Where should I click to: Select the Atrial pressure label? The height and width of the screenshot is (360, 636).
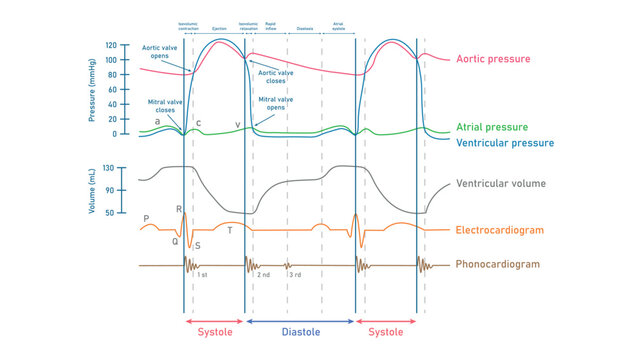[491, 127]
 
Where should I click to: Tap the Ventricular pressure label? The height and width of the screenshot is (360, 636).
[504, 143]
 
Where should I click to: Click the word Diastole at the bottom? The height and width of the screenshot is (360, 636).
[300, 332]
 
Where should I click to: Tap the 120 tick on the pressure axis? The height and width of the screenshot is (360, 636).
[110, 46]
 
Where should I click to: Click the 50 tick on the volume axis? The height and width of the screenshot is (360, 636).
[111, 212]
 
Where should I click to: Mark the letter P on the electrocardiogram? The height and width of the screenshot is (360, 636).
[146, 218]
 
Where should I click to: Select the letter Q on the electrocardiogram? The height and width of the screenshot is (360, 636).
[174, 241]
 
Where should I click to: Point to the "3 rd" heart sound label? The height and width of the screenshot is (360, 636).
[295, 274]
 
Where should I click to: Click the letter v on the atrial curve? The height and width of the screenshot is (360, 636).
[238, 124]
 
